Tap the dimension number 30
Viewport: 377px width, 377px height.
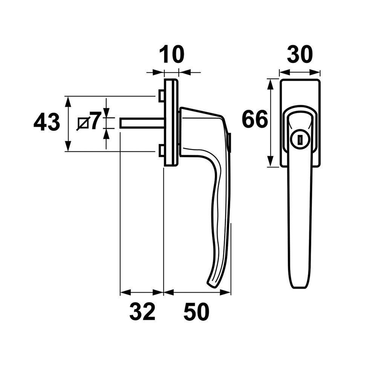pyautogui.click(x=300, y=55)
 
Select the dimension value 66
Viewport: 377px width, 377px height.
pyautogui.click(x=255, y=120)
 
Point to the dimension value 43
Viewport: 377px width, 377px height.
pyautogui.click(x=47, y=123)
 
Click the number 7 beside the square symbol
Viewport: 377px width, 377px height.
pyautogui.click(x=95, y=121)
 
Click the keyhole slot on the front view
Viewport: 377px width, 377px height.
pyautogui.click(x=300, y=140)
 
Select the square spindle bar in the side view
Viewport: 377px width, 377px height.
pyautogui.click(x=142, y=123)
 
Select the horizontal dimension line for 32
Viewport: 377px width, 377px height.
pyautogui.click(x=142, y=292)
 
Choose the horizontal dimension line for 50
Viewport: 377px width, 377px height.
pyautogui.click(x=197, y=292)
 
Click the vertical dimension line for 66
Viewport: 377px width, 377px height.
pyautogui.click(x=270, y=123)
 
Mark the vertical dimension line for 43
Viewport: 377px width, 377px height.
pyautogui.click(x=68, y=124)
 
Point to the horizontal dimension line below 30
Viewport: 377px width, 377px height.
pyautogui.click(x=300, y=72)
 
